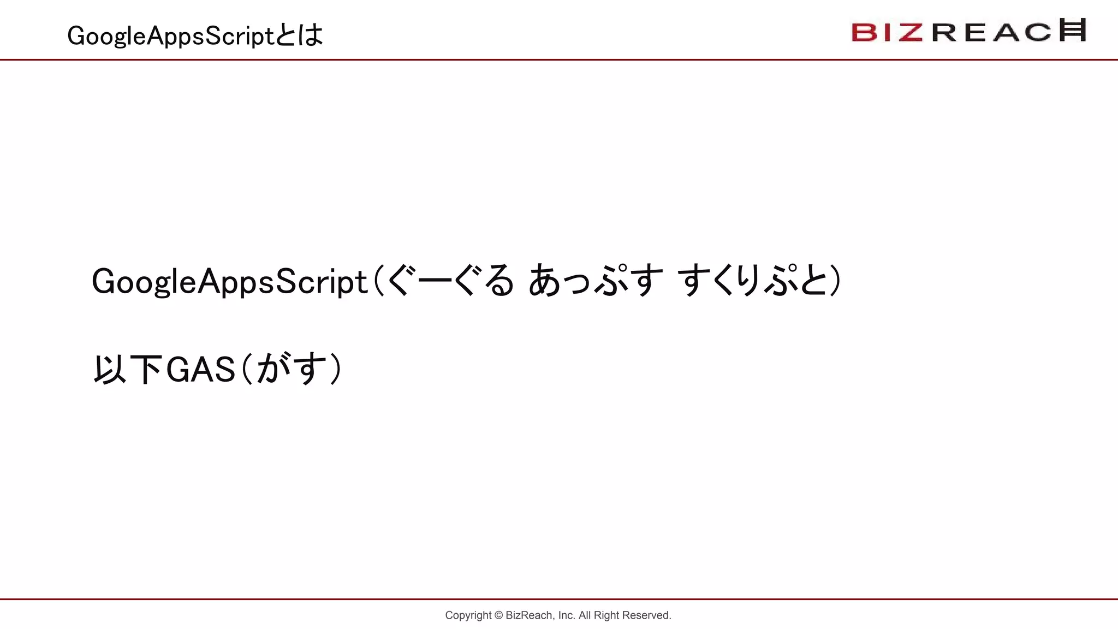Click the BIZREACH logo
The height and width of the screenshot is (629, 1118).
[x=968, y=31]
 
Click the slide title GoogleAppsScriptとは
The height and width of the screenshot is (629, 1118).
[x=195, y=35]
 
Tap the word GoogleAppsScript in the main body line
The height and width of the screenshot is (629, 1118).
[x=229, y=282]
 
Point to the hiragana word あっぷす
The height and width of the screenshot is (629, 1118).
[x=596, y=281]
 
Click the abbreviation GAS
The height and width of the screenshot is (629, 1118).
[x=200, y=370]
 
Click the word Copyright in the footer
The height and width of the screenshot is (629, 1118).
[x=468, y=615]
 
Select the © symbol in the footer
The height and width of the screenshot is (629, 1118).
[x=498, y=615]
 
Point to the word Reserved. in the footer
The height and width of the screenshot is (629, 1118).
[x=647, y=615]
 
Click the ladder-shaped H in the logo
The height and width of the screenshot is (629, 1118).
[x=1073, y=29]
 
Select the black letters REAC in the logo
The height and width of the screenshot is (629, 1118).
[x=991, y=32]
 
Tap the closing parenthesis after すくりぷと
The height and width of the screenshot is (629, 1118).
[x=835, y=281]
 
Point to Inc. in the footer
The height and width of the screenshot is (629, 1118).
[x=567, y=615]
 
